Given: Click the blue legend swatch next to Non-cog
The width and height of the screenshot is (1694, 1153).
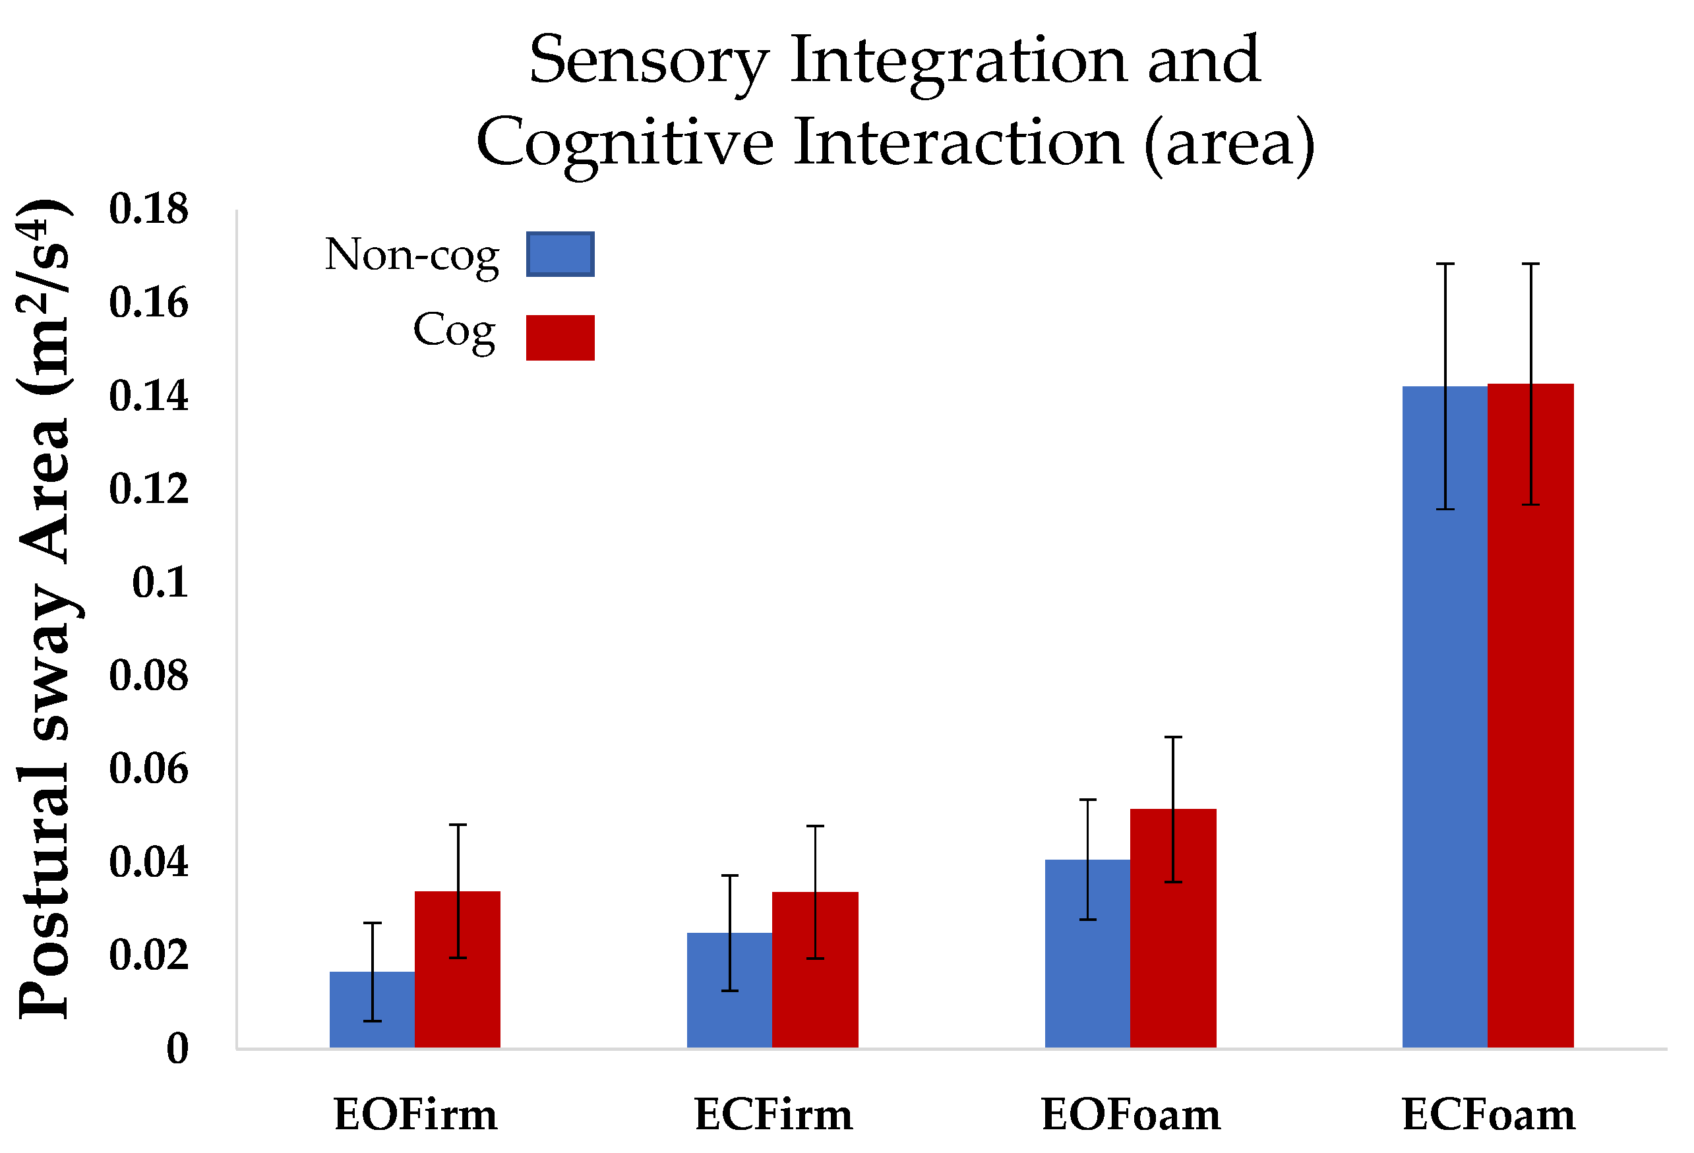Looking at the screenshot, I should (560, 254).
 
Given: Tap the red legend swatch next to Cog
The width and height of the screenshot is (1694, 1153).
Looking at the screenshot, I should (560, 338).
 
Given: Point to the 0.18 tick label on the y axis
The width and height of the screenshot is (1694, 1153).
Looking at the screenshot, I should (149, 209).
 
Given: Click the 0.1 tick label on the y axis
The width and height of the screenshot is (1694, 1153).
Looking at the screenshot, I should (160, 583).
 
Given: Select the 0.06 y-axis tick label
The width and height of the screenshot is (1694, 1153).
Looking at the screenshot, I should (149, 769).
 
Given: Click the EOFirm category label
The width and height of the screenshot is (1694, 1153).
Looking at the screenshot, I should (415, 1116).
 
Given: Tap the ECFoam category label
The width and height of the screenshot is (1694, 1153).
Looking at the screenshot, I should (1488, 1116).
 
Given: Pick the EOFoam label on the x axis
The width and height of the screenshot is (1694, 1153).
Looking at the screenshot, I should (1131, 1116).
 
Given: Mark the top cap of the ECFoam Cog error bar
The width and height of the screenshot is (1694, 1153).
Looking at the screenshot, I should (1530, 264).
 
